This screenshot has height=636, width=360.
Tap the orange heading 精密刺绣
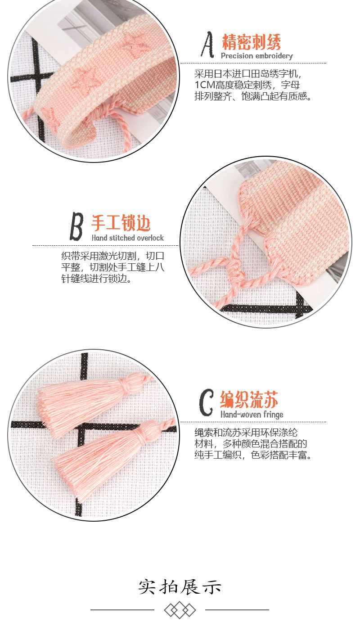251,43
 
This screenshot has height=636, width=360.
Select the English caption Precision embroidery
256,56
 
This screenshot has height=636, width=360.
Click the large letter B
76,226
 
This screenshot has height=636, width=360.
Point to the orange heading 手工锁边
121,223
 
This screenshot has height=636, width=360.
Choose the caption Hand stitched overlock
128,238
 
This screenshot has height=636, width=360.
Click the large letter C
206,403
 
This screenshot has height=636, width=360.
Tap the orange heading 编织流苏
249,399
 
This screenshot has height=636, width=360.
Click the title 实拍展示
180,587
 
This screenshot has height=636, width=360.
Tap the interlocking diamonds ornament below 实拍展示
180,610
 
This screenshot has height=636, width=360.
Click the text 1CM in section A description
204,85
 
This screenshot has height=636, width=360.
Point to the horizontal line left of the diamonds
122,610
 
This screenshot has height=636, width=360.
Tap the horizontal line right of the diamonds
237,610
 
